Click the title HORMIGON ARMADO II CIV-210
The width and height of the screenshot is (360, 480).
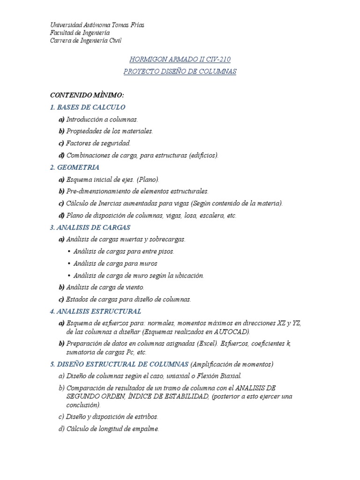click(x=180, y=60)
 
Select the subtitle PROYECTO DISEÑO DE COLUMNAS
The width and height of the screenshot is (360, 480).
click(x=180, y=72)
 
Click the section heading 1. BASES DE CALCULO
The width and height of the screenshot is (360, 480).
click(x=88, y=107)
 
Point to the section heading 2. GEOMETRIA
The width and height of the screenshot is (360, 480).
click(x=75, y=167)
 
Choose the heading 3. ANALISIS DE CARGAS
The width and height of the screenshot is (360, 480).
click(x=90, y=227)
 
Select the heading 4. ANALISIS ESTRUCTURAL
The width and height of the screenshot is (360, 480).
click(x=95, y=311)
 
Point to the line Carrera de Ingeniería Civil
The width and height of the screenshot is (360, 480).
click(x=85, y=41)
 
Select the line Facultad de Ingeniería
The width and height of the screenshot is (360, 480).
click(x=80, y=33)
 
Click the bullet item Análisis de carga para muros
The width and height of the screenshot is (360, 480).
click(x=115, y=263)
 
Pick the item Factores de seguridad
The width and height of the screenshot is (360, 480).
click(x=98, y=143)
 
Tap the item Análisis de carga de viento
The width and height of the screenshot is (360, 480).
click(x=105, y=287)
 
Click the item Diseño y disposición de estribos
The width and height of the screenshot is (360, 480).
click(x=112, y=416)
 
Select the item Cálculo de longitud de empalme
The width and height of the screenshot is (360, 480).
click(x=113, y=428)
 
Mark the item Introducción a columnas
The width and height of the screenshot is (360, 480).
click(x=102, y=119)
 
